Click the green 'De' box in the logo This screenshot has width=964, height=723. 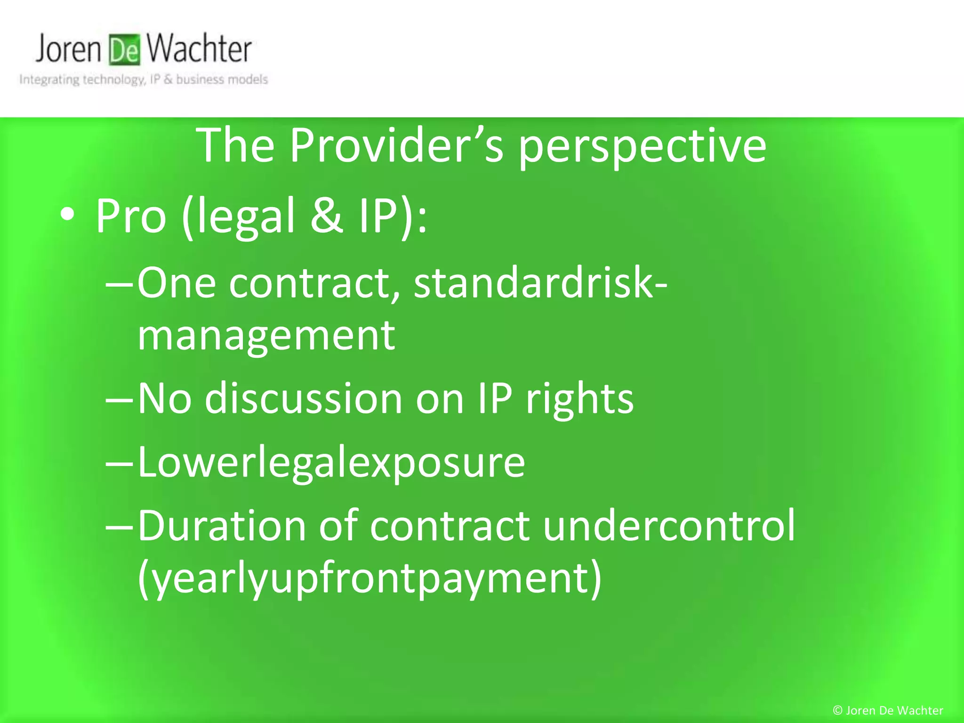pos(125,50)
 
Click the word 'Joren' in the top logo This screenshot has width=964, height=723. pos(69,49)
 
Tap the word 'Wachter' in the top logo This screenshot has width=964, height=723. pos(199,49)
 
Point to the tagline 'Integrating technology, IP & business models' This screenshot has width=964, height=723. pos(144,80)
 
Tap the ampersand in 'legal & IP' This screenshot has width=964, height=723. pos(326,216)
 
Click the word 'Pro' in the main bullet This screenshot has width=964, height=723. pos(131,217)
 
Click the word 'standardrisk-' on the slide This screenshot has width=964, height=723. pos(540,282)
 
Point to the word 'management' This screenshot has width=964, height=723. pos(266,336)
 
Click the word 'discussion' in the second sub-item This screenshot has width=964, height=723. pos(304,399)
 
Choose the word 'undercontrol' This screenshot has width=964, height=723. pos(668,526)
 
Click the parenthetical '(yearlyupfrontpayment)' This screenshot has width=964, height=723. pos(370,578)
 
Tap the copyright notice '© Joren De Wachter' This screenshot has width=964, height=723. pos(888,710)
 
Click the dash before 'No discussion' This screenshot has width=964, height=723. pos(120,400)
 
